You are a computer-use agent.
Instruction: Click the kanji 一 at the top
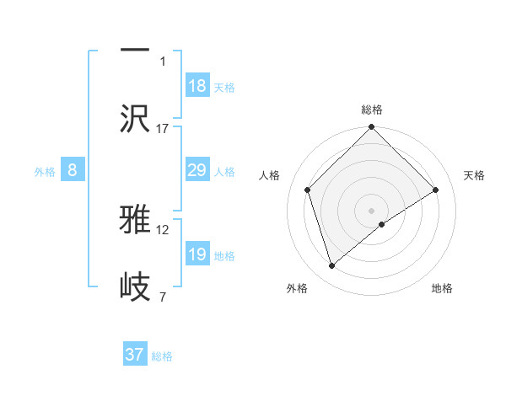[x=134, y=50]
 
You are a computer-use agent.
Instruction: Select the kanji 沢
[x=135, y=118]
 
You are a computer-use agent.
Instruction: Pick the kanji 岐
[x=135, y=287]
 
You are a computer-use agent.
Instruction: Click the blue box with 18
[x=197, y=86]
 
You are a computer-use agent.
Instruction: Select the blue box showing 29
[x=197, y=170]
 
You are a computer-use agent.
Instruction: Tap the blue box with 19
[x=197, y=254]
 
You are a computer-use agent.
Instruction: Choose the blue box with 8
[x=73, y=170]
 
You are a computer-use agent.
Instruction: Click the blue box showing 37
[x=135, y=355]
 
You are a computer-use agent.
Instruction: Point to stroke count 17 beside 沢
[x=163, y=128]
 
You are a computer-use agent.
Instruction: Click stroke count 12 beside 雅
[x=163, y=229]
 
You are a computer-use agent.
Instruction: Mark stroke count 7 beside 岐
[x=163, y=297]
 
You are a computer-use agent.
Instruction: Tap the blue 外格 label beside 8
[x=45, y=171]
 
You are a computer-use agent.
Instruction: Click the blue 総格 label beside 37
[x=162, y=356]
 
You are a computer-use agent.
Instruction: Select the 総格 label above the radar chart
[x=372, y=110]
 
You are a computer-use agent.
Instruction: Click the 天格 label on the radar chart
[x=475, y=175]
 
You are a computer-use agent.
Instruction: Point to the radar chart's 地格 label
[x=442, y=288]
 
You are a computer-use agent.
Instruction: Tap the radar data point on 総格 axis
[x=372, y=128]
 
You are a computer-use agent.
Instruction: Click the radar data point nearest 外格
[x=331, y=265]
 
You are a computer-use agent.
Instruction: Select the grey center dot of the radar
[x=372, y=210]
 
